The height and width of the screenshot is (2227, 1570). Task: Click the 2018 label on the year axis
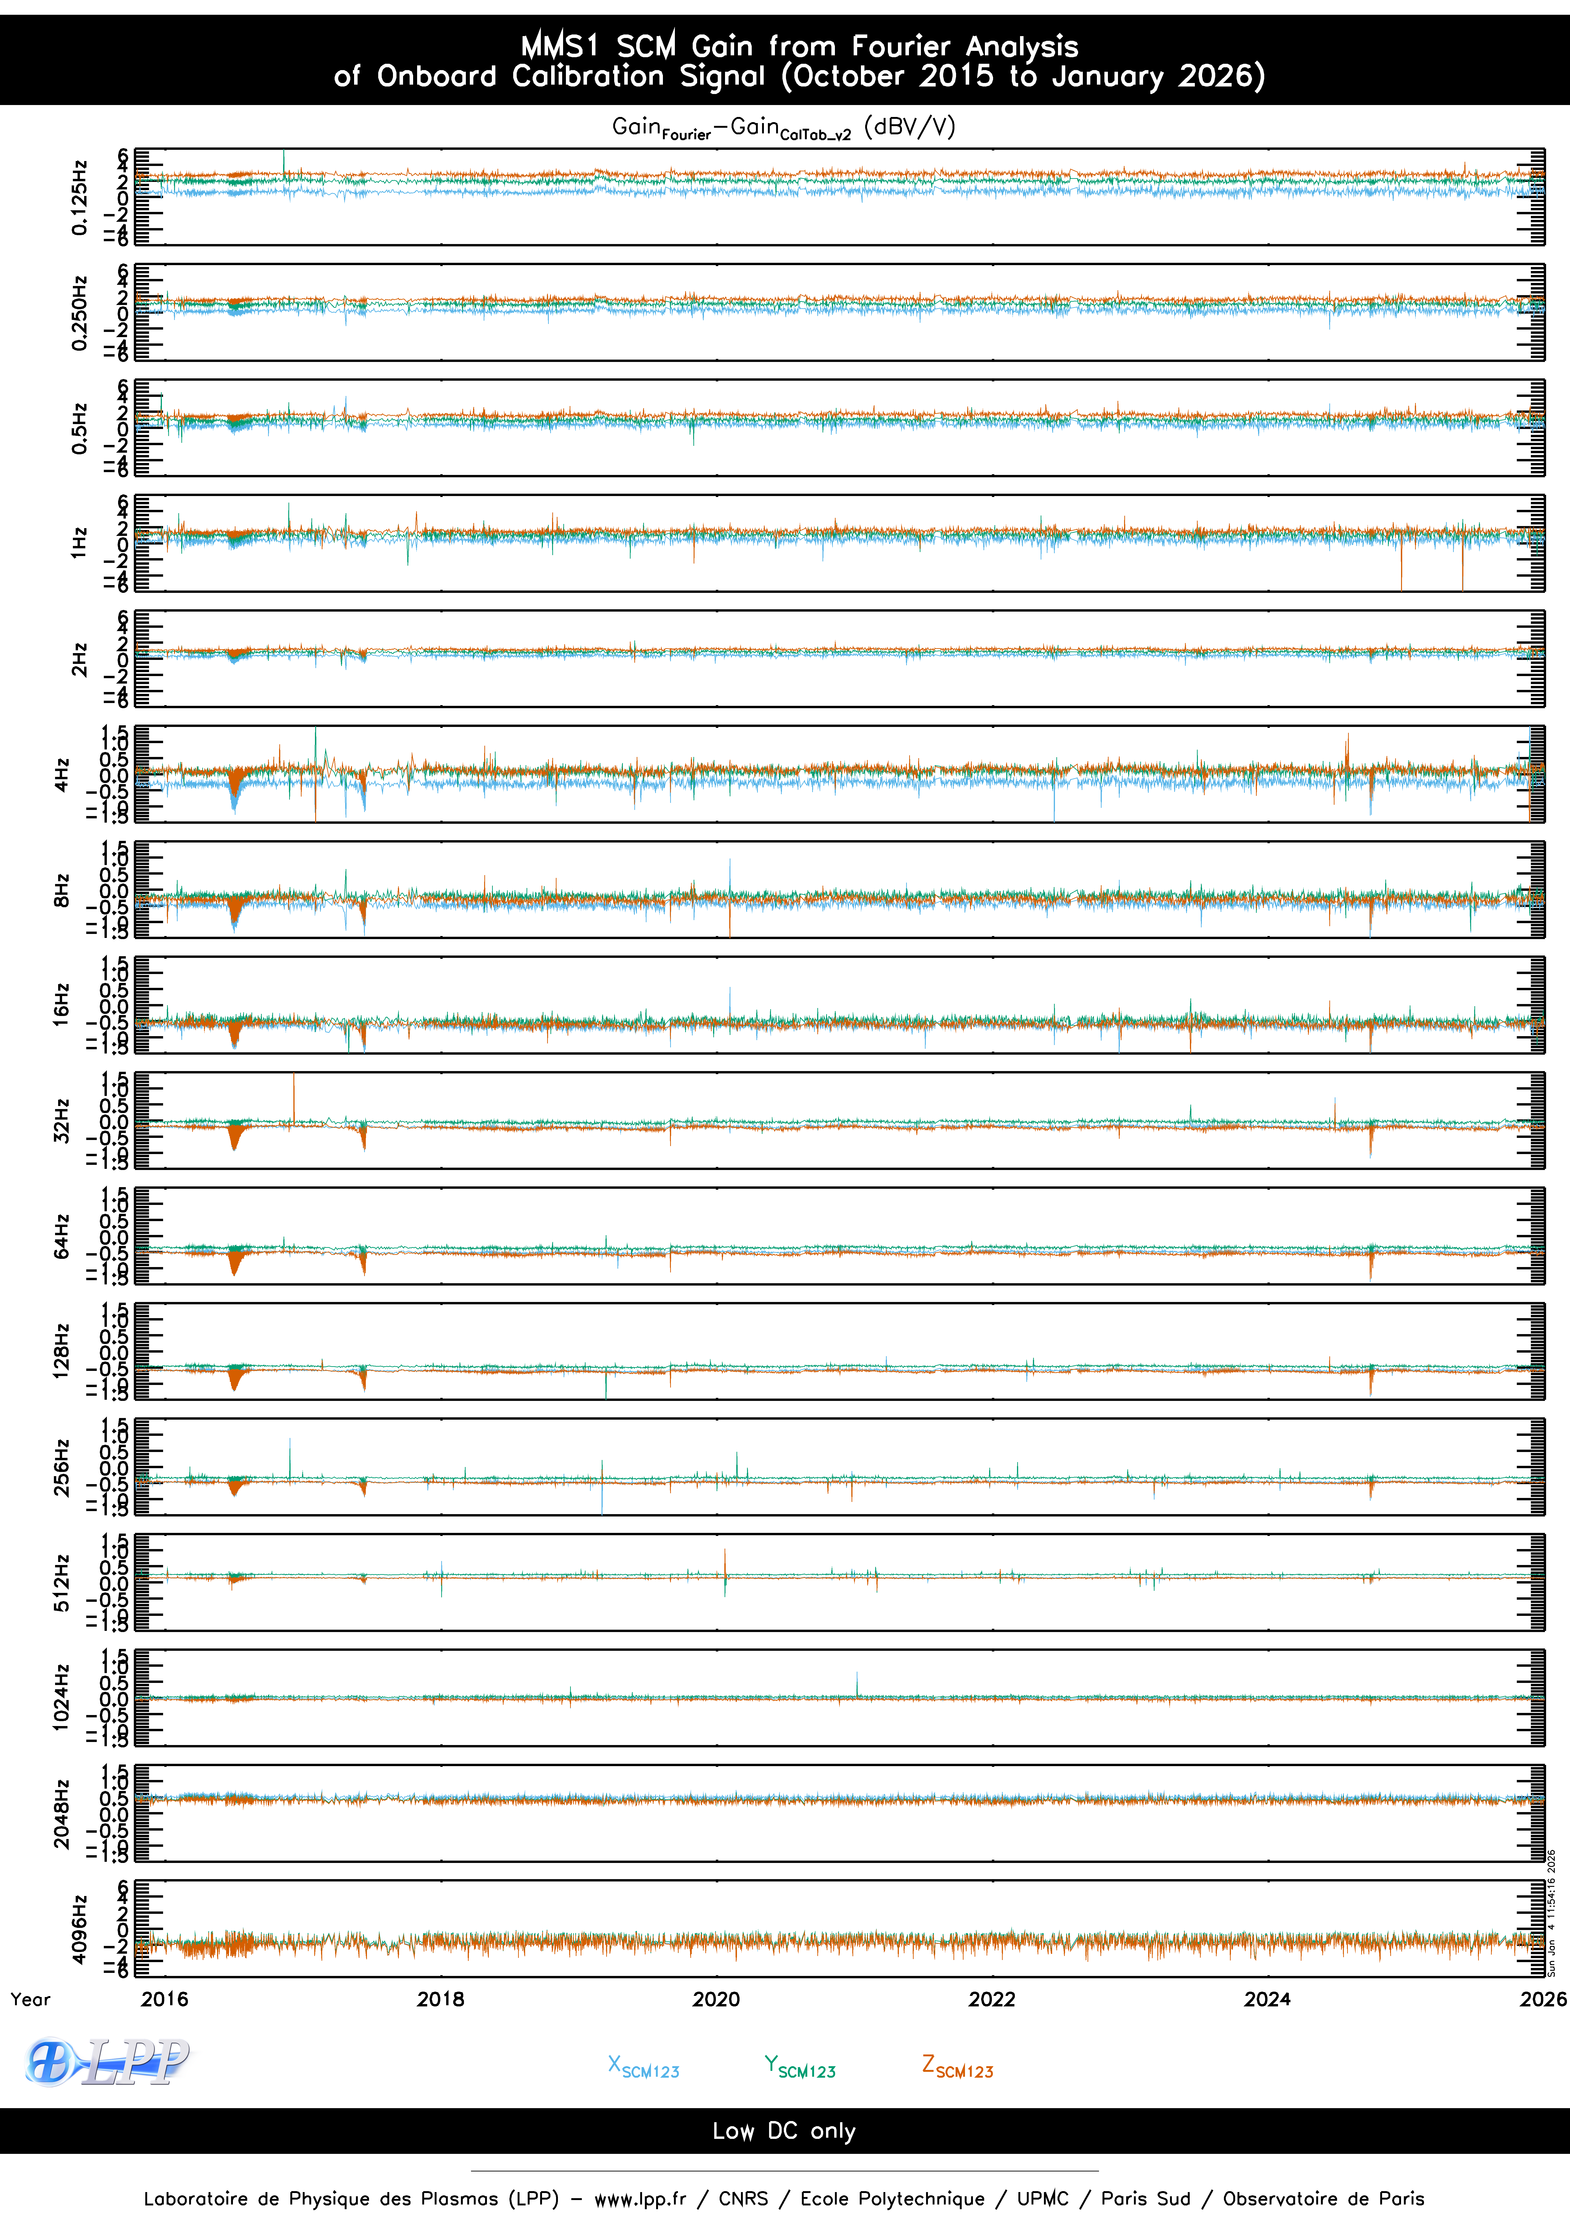[x=440, y=1999]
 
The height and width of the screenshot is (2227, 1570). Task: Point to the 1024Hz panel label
[x=61, y=1697]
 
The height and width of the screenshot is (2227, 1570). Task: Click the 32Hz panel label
[x=61, y=1120]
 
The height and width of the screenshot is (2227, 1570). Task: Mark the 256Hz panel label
[x=61, y=1467]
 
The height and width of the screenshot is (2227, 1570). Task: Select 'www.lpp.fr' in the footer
[x=640, y=2199]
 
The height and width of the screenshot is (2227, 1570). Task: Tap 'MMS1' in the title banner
[x=560, y=45]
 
